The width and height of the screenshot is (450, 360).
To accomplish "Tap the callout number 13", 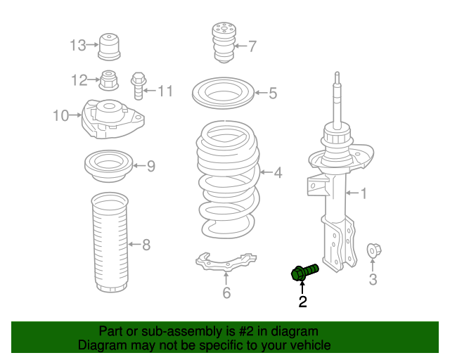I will pos(77,46).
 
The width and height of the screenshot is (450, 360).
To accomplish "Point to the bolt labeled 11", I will pos(138,84).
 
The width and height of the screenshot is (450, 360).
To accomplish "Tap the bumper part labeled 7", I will pos(222,44).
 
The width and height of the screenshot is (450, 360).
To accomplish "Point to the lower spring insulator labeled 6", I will pos(226,264).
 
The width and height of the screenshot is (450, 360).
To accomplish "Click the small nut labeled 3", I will pos(373,250).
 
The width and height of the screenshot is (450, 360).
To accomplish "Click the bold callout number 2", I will pos(303,302).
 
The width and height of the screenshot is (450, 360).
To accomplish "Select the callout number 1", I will pos(364,193).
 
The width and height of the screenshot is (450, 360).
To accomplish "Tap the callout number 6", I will pos(226,293).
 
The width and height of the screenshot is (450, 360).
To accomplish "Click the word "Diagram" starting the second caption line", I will pos(101,345).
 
